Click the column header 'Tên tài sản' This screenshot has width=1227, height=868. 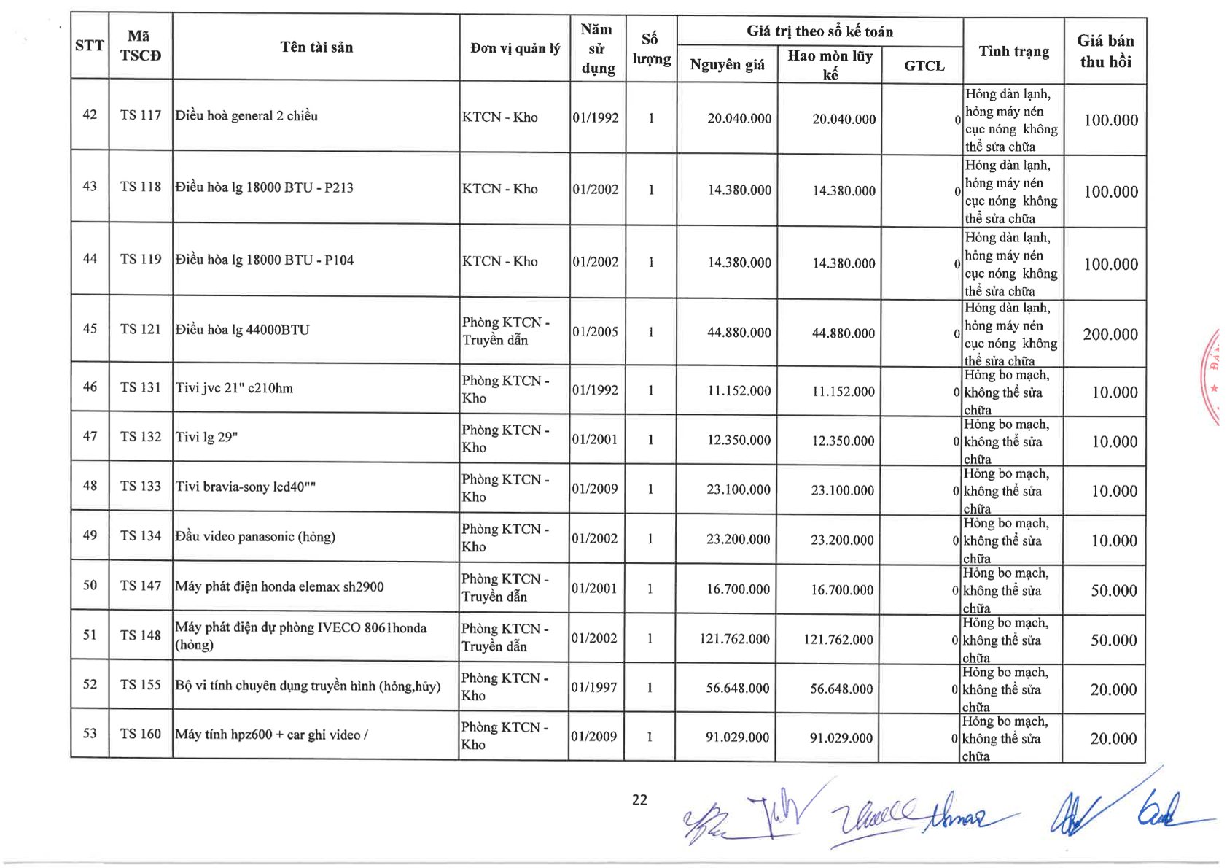point(316,47)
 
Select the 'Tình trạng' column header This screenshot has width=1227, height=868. point(1013,51)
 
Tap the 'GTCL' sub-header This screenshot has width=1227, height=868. point(924,66)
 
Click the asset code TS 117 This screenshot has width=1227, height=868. point(141,115)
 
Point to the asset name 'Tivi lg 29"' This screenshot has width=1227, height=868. point(207,437)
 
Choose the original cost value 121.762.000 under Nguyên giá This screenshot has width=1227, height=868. point(734,639)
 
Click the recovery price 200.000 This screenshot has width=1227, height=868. point(1110,334)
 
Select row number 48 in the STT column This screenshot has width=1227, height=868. point(90,486)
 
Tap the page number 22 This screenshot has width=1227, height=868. point(639,799)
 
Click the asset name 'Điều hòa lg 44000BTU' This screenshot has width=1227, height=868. point(242,330)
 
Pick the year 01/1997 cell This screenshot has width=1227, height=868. point(595,687)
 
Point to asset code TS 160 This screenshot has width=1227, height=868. point(141,734)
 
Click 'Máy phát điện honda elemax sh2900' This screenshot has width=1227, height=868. point(279,586)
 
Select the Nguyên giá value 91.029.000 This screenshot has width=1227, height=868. point(737,737)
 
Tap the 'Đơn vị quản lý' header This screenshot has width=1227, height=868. point(515,48)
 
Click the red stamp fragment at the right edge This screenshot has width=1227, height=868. point(1213,376)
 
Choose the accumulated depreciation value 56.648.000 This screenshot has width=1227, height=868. point(841,689)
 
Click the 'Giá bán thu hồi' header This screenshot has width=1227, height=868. point(1105,51)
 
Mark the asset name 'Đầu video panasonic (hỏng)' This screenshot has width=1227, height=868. point(255,537)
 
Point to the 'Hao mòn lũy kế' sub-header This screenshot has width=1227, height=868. point(830,64)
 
